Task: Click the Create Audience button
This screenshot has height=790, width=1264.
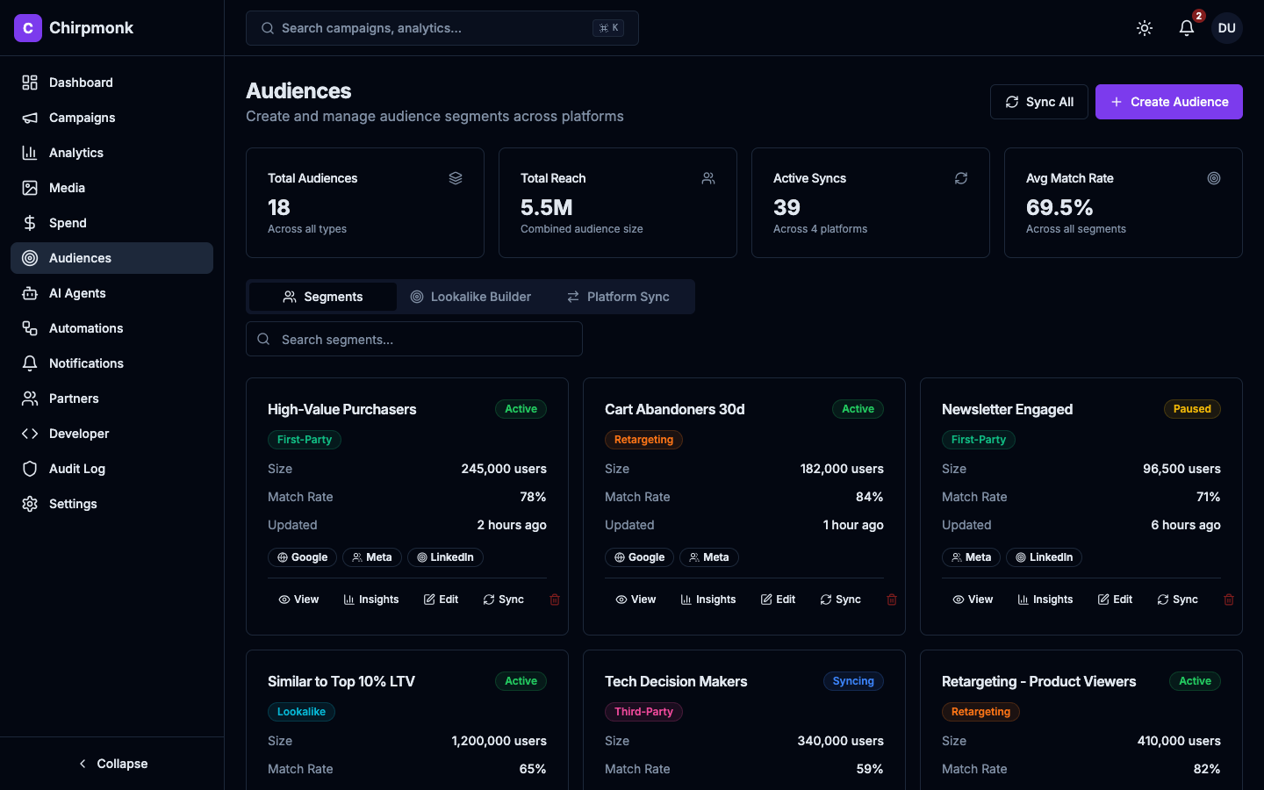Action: tap(1168, 102)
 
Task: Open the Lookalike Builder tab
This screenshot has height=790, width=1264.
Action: tap(470, 297)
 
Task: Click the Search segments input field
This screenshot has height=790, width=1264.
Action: tap(414, 339)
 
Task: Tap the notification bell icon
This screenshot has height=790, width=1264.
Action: tap(1187, 28)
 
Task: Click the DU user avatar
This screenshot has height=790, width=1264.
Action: tap(1226, 28)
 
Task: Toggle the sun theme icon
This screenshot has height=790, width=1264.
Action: tap(1145, 28)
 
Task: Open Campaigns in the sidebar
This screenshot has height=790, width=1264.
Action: tap(82, 118)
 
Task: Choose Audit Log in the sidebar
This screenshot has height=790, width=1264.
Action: tap(76, 469)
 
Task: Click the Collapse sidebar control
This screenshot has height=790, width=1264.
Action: tap(112, 764)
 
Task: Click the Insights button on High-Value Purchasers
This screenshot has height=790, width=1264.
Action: tap(371, 600)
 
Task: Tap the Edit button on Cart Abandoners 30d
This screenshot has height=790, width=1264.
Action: tap(778, 600)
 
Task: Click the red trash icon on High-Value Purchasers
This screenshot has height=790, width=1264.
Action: tap(555, 600)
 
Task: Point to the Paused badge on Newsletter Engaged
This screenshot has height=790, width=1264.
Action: tap(1192, 409)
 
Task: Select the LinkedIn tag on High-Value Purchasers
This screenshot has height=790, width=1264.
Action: tap(445, 557)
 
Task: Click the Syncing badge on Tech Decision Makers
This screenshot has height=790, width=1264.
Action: tap(852, 681)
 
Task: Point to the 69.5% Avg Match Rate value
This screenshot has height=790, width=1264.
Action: tap(1059, 208)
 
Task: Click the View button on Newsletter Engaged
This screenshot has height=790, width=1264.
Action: tap(973, 600)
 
